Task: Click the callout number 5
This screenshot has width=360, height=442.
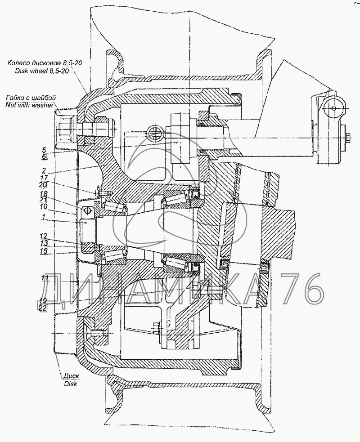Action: click(x=44, y=150)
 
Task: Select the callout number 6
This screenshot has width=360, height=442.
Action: click(x=44, y=157)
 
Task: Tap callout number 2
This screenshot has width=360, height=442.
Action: click(x=44, y=171)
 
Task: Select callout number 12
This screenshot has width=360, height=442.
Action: click(x=45, y=236)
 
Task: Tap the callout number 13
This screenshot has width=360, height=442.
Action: click(x=45, y=243)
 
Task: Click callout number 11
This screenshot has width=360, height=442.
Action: click(x=45, y=279)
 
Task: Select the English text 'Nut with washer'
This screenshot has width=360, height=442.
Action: click(x=30, y=104)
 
